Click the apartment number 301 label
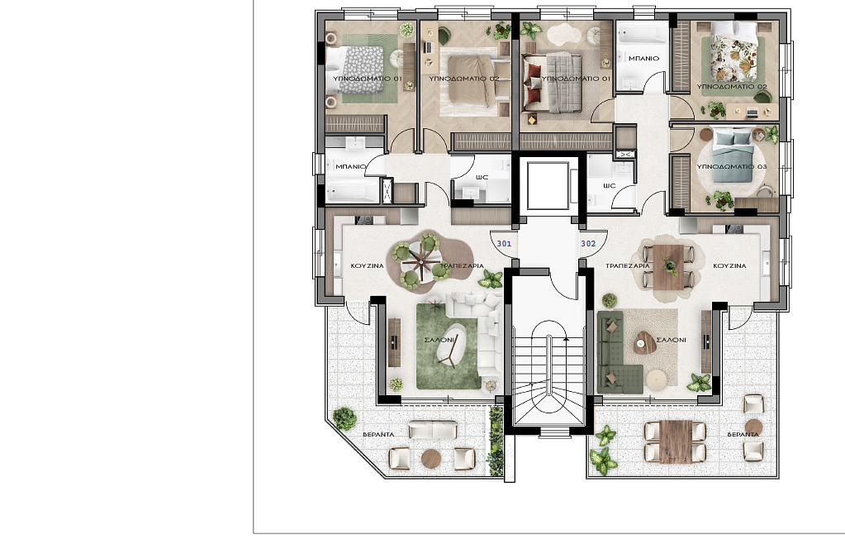[x=504, y=244]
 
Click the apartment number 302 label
[x=588, y=244]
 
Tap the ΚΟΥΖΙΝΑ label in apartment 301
[x=367, y=266]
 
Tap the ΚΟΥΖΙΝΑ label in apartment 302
[x=729, y=266]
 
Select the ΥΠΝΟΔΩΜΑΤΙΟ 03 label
[x=731, y=167]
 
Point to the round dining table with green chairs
[x=421, y=261]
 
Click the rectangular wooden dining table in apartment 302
[x=668, y=267]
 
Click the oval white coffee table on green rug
[x=452, y=345]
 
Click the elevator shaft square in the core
[x=548, y=185]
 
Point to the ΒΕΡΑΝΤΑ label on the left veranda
[x=378, y=434]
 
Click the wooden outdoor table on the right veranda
[x=675, y=441]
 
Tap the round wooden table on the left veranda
[x=431, y=459]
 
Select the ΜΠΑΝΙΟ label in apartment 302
[x=643, y=58]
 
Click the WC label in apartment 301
[x=482, y=177]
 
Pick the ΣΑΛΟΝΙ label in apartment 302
[x=671, y=340]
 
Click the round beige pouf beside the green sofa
[x=657, y=379]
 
